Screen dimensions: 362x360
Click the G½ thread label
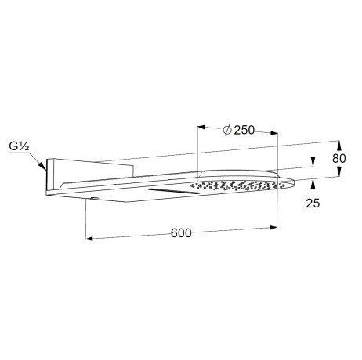click(x=19, y=146)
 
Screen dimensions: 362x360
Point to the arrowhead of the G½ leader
click(x=42, y=166)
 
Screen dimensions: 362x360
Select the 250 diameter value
click(x=244, y=130)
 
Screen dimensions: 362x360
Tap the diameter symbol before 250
click(x=227, y=130)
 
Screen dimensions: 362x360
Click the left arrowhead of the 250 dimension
click(x=201, y=128)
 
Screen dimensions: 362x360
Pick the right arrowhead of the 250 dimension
click(x=273, y=133)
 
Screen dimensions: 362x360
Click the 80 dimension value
click(x=338, y=158)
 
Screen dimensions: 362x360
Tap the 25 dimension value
click(x=313, y=203)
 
